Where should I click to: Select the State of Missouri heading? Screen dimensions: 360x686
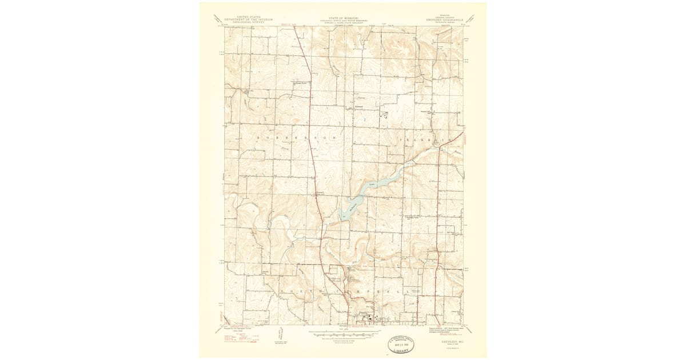pyautogui.click(x=343, y=19)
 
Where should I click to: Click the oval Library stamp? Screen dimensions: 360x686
pyautogui.click(x=404, y=345)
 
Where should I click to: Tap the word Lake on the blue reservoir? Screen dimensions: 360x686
pyautogui.click(x=372, y=185)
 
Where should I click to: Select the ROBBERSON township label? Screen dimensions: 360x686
pyautogui.click(x=286, y=138)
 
